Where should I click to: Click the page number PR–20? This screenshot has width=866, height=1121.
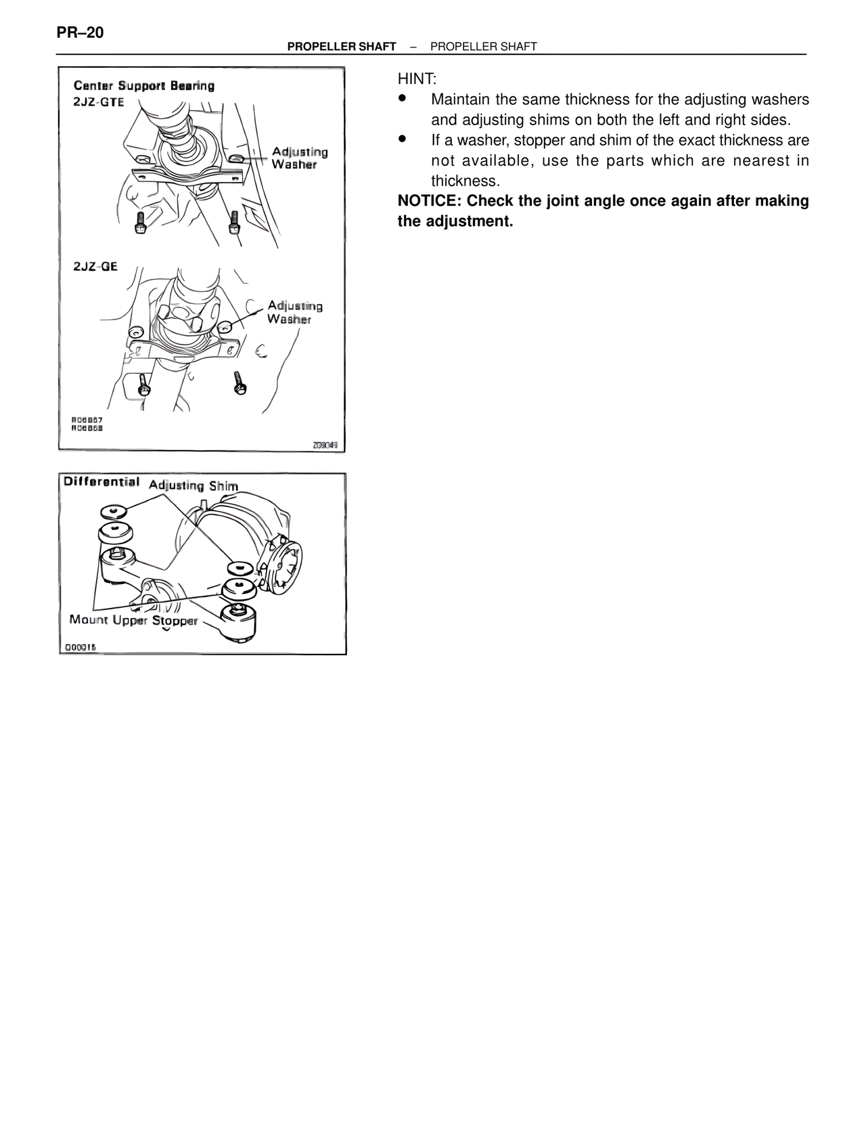[80, 32]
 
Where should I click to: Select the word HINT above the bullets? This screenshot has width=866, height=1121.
[417, 79]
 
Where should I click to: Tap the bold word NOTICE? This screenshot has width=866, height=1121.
[428, 201]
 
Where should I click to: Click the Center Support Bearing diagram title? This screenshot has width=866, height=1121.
[143, 86]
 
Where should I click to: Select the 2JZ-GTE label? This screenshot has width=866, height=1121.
[99, 102]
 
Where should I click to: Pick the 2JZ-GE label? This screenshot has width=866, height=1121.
[95, 266]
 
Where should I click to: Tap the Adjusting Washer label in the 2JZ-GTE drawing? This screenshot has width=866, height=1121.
[300, 158]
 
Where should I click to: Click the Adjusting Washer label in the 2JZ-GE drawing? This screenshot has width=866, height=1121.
[295, 312]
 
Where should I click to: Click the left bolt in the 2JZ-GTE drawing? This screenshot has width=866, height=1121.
[140, 223]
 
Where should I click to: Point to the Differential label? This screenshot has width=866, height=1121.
[101, 482]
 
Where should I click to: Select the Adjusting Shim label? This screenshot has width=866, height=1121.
[193, 485]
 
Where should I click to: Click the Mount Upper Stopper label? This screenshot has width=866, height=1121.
[134, 620]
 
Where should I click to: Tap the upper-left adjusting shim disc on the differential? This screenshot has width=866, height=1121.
[112, 511]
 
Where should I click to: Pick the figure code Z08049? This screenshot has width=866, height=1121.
[325, 445]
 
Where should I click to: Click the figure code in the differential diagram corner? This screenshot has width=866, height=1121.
[81, 647]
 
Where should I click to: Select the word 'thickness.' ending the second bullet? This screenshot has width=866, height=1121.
[465, 181]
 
